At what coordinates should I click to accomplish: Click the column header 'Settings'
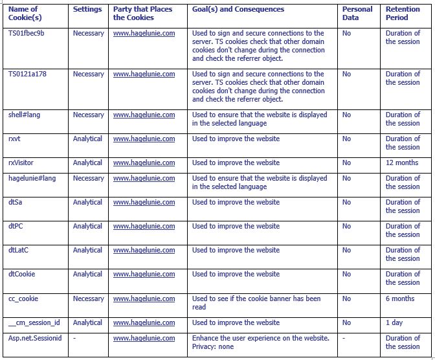pos(87,10)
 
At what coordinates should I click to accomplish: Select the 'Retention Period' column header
pos(403,14)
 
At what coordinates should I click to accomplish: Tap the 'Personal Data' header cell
pos(357,14)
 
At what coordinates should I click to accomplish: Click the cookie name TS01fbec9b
pos(27,34)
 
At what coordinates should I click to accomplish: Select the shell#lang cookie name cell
pos(25,115)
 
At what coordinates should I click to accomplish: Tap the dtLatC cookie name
pos(19,251)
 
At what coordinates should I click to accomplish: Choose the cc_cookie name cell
pos(23,299)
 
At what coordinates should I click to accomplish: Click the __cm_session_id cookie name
pos(34,323)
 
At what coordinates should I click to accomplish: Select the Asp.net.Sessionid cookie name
pos(36,339)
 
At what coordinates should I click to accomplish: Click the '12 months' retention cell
pos(402,163)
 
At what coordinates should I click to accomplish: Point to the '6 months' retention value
pos(400,299)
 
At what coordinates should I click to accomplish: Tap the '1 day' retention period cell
pos(394,323)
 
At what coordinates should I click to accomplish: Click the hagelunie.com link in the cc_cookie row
pos(144,299)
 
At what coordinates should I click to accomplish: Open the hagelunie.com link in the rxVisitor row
pos(144,163)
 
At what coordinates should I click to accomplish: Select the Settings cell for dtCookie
pos(87,275)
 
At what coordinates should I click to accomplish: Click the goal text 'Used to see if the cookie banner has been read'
pos(256,303)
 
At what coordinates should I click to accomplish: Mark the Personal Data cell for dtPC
pos(346,227)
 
